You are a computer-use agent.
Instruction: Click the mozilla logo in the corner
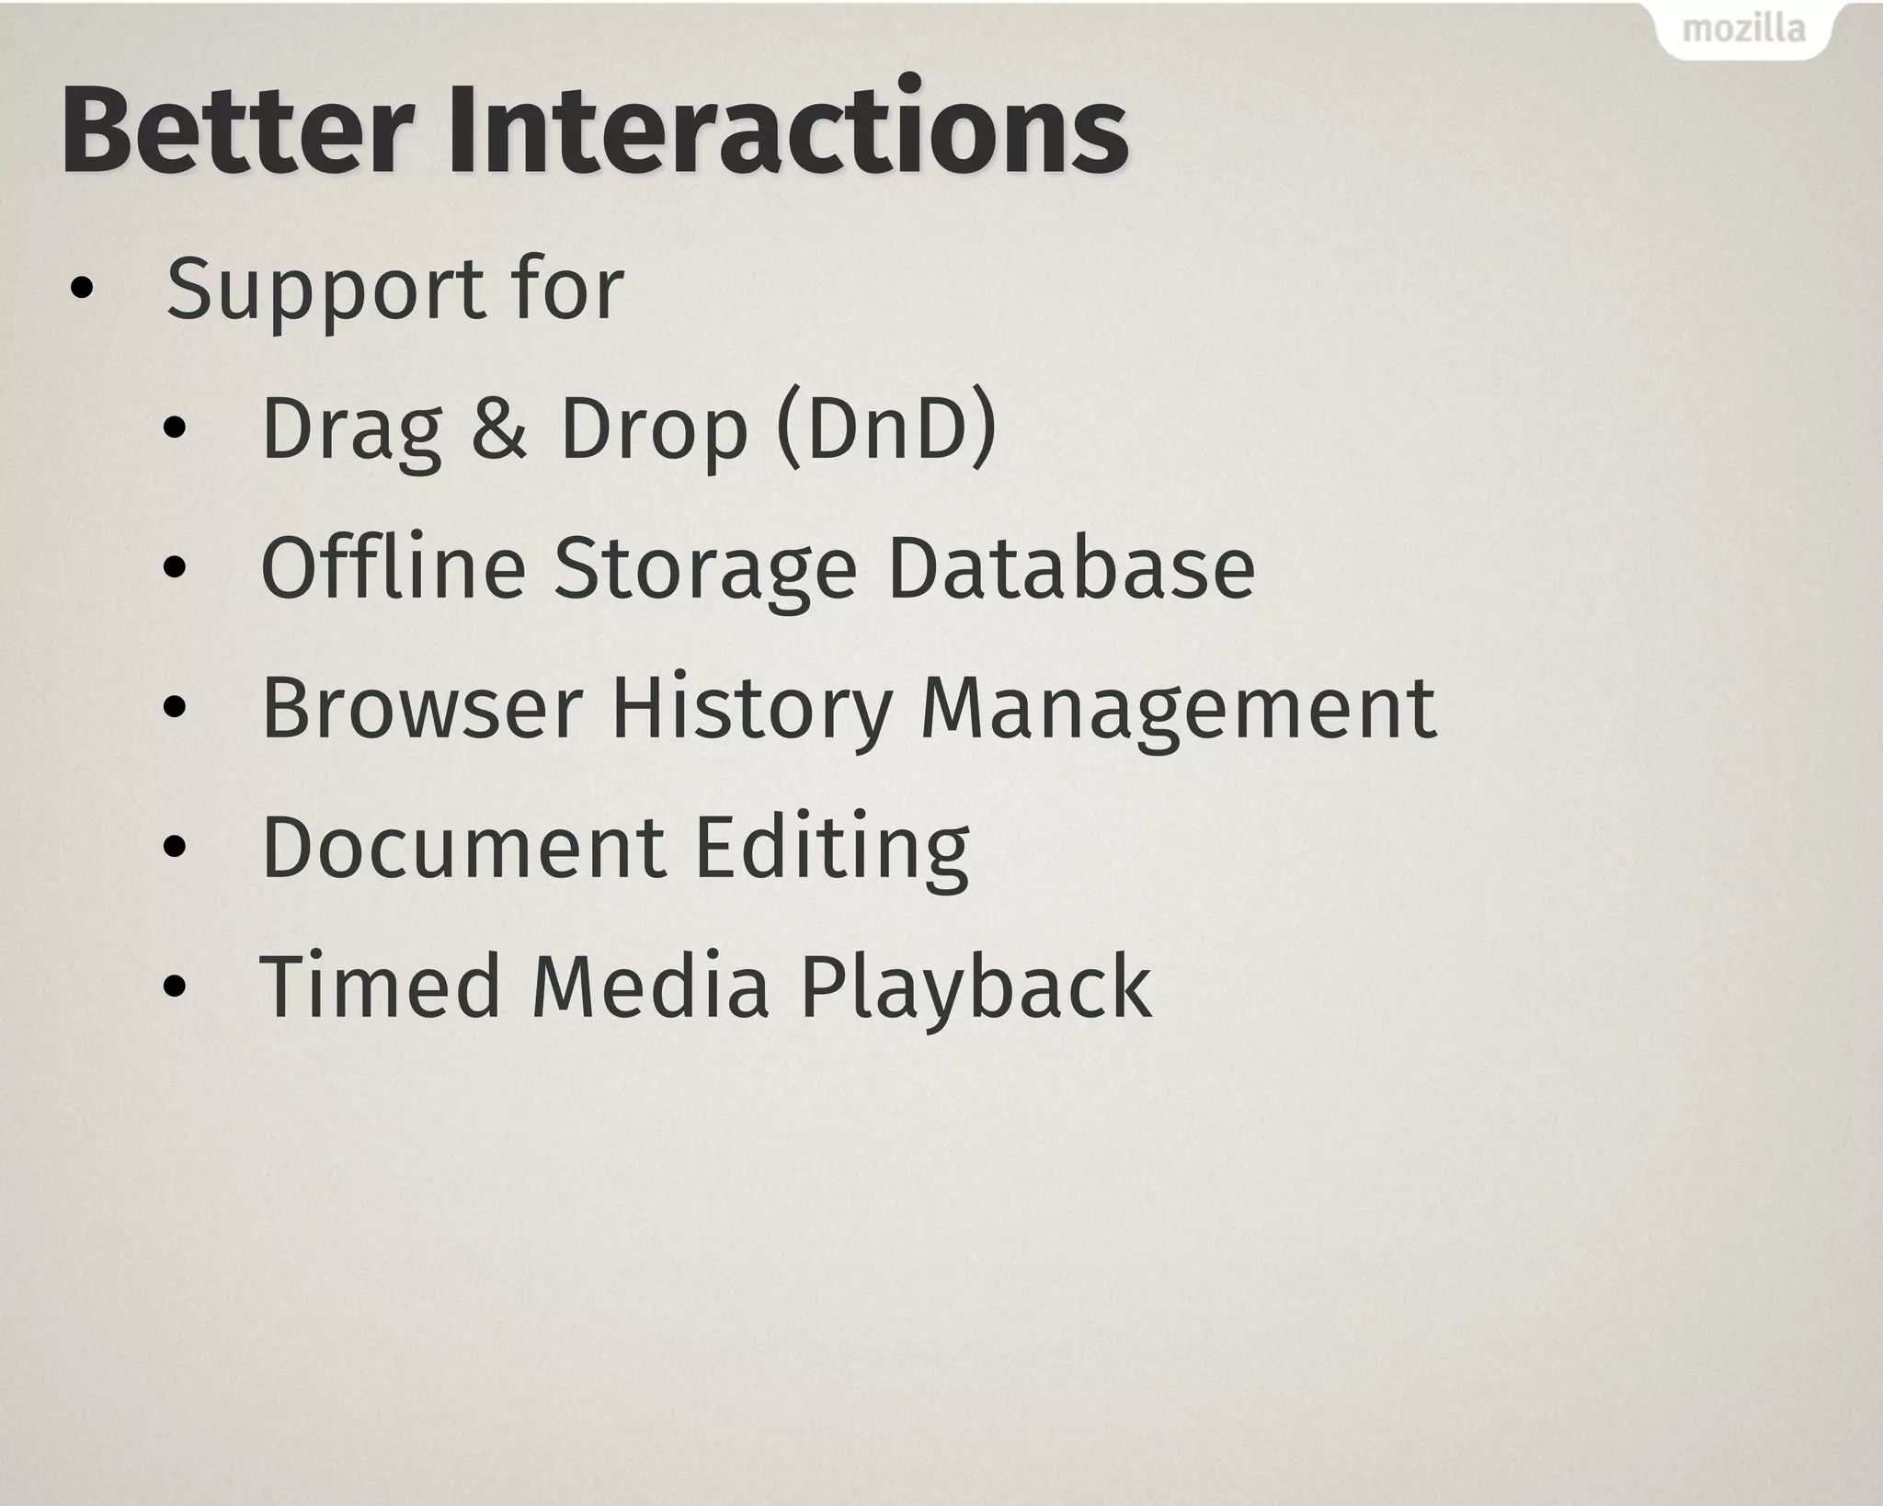(x=1742, y=29)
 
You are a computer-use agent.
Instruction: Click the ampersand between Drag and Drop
(x=498, y=428)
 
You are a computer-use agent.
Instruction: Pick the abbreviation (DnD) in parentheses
(x=886, y=428)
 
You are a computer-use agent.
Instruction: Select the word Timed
(x=380, y=986)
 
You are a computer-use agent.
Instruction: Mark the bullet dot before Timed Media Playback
(x=175, y=987)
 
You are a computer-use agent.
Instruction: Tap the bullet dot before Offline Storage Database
(x=175, y=569)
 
